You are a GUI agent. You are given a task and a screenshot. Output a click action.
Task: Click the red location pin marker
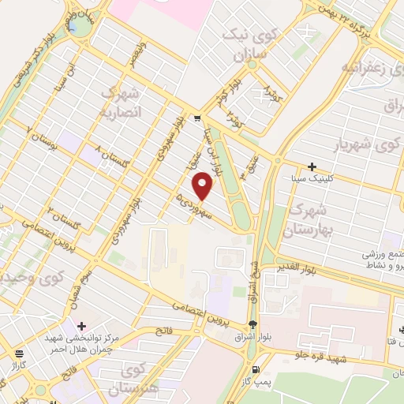click(204, 185)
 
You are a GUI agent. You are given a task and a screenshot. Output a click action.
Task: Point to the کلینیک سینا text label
click(313, 178)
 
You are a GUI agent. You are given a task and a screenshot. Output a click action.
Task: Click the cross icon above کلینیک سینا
click(312, 166)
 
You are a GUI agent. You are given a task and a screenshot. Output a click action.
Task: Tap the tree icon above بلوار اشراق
click(252, 324)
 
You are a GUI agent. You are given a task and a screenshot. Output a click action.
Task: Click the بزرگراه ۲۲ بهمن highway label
click(346, 13)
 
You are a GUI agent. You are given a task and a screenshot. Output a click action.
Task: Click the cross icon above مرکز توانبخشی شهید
click(82, 325)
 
